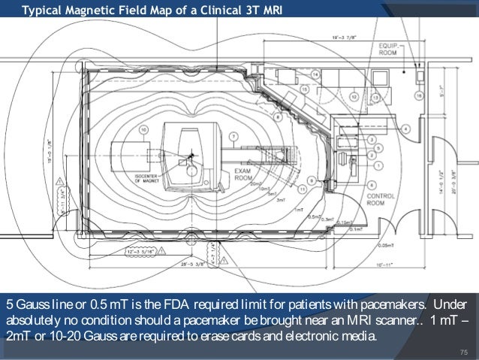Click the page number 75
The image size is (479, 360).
(x=462, y=351)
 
